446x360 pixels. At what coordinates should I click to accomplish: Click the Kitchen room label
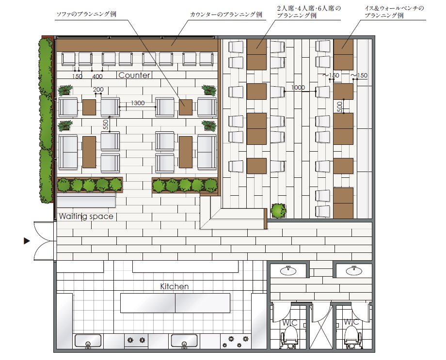175,286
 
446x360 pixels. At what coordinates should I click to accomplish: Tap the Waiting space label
86,217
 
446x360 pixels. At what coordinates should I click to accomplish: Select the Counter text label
134,75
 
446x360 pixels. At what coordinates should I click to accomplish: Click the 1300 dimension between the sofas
138,103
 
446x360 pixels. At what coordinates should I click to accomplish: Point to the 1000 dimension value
298,88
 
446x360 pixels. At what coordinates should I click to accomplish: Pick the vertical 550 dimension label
106,125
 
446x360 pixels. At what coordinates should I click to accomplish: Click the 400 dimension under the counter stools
97,76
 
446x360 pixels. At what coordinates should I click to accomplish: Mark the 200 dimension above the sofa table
98,89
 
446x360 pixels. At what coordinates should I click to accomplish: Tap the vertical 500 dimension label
340,107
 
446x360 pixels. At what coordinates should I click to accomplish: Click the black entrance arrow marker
27,241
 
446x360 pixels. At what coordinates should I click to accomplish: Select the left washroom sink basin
288,270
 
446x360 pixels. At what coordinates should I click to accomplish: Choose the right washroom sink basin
354,270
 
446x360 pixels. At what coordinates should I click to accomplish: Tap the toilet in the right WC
353,336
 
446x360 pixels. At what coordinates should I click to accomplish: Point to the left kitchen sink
88,341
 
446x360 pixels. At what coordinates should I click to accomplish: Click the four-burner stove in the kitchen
236,342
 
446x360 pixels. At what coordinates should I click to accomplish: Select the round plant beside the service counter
278,211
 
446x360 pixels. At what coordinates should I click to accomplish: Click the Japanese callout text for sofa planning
86,14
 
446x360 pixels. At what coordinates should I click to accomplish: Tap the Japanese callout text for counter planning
226,15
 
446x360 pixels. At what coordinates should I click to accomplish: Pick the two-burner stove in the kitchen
136,340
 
